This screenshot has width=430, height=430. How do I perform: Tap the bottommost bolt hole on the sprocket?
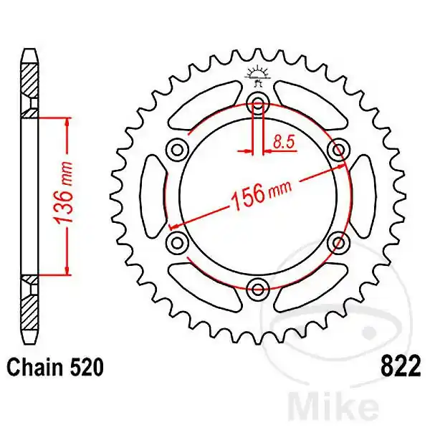point(258,289)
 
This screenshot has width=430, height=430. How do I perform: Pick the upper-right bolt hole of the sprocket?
point(338,149)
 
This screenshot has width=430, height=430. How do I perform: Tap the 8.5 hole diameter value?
point(284,141)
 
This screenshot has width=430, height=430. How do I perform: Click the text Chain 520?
point(56,368)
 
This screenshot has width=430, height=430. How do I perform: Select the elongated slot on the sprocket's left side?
point(154,196)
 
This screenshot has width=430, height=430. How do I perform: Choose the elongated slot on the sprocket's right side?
point(360,196)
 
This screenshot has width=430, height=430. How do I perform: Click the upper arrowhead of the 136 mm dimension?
point(67,122)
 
